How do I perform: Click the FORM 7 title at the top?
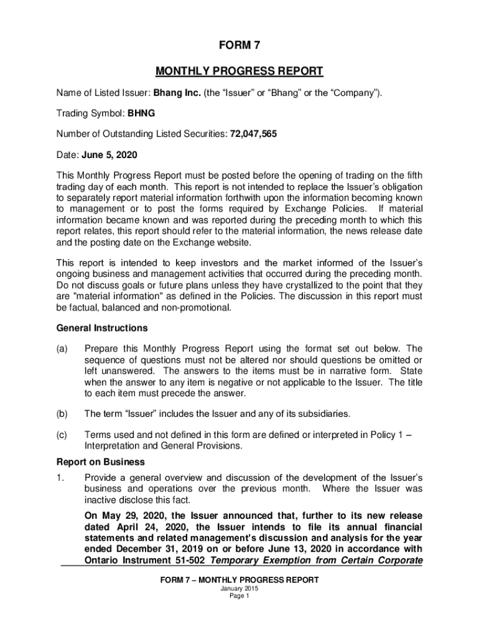coord(239,45)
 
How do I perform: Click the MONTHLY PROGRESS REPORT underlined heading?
coord(239,71)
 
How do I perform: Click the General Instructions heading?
coord(102,328)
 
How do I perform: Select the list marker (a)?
coord(62,349)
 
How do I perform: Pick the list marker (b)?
coord(62,414)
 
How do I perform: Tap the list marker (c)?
coord(62,435)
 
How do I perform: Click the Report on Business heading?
coord(101,462)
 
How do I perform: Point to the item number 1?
coord(60,477)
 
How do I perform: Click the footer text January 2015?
coord(239,588)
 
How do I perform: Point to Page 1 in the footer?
coord(239,596)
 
